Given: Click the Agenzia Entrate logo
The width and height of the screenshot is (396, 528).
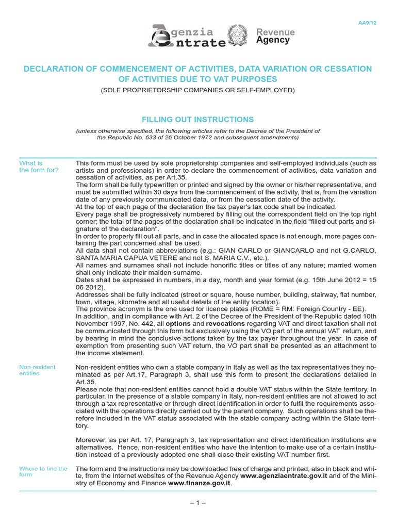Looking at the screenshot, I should point(187,36).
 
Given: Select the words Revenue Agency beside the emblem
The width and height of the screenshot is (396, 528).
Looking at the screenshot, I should point(275,36).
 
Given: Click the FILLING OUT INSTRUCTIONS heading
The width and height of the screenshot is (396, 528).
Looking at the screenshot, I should point(197,119).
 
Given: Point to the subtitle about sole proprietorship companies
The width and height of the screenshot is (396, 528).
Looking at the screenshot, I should point(197,90).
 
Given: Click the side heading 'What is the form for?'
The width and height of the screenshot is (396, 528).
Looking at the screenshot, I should point(39,167).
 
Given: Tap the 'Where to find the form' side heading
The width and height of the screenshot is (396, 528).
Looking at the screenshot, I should point(43,471).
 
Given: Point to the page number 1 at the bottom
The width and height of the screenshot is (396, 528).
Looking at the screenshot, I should point(197,503).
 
